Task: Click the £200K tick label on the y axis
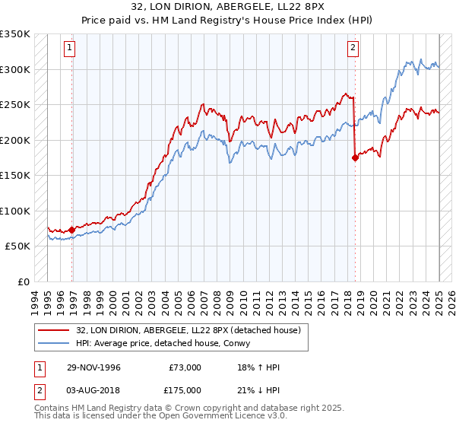coord(15,140)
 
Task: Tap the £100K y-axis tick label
coord(15,211)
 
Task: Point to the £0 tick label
coord(24,282)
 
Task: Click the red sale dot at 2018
coord(355,158)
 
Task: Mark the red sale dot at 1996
coord(72,230)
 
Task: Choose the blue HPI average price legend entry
coord(167,343)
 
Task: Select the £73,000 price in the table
coord(185,368)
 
